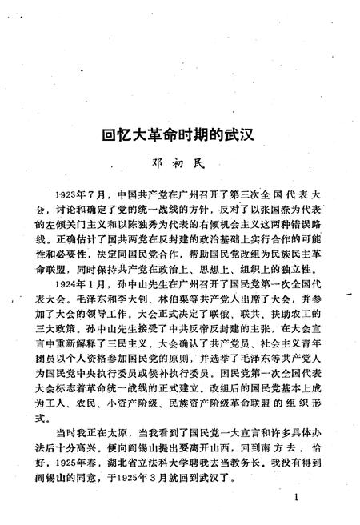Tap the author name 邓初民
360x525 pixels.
pos(179,163)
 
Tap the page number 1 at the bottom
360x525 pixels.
pos(297,498)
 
